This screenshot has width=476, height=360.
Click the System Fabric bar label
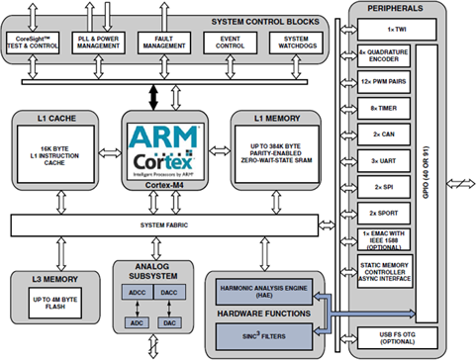[x=167, y=225]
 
